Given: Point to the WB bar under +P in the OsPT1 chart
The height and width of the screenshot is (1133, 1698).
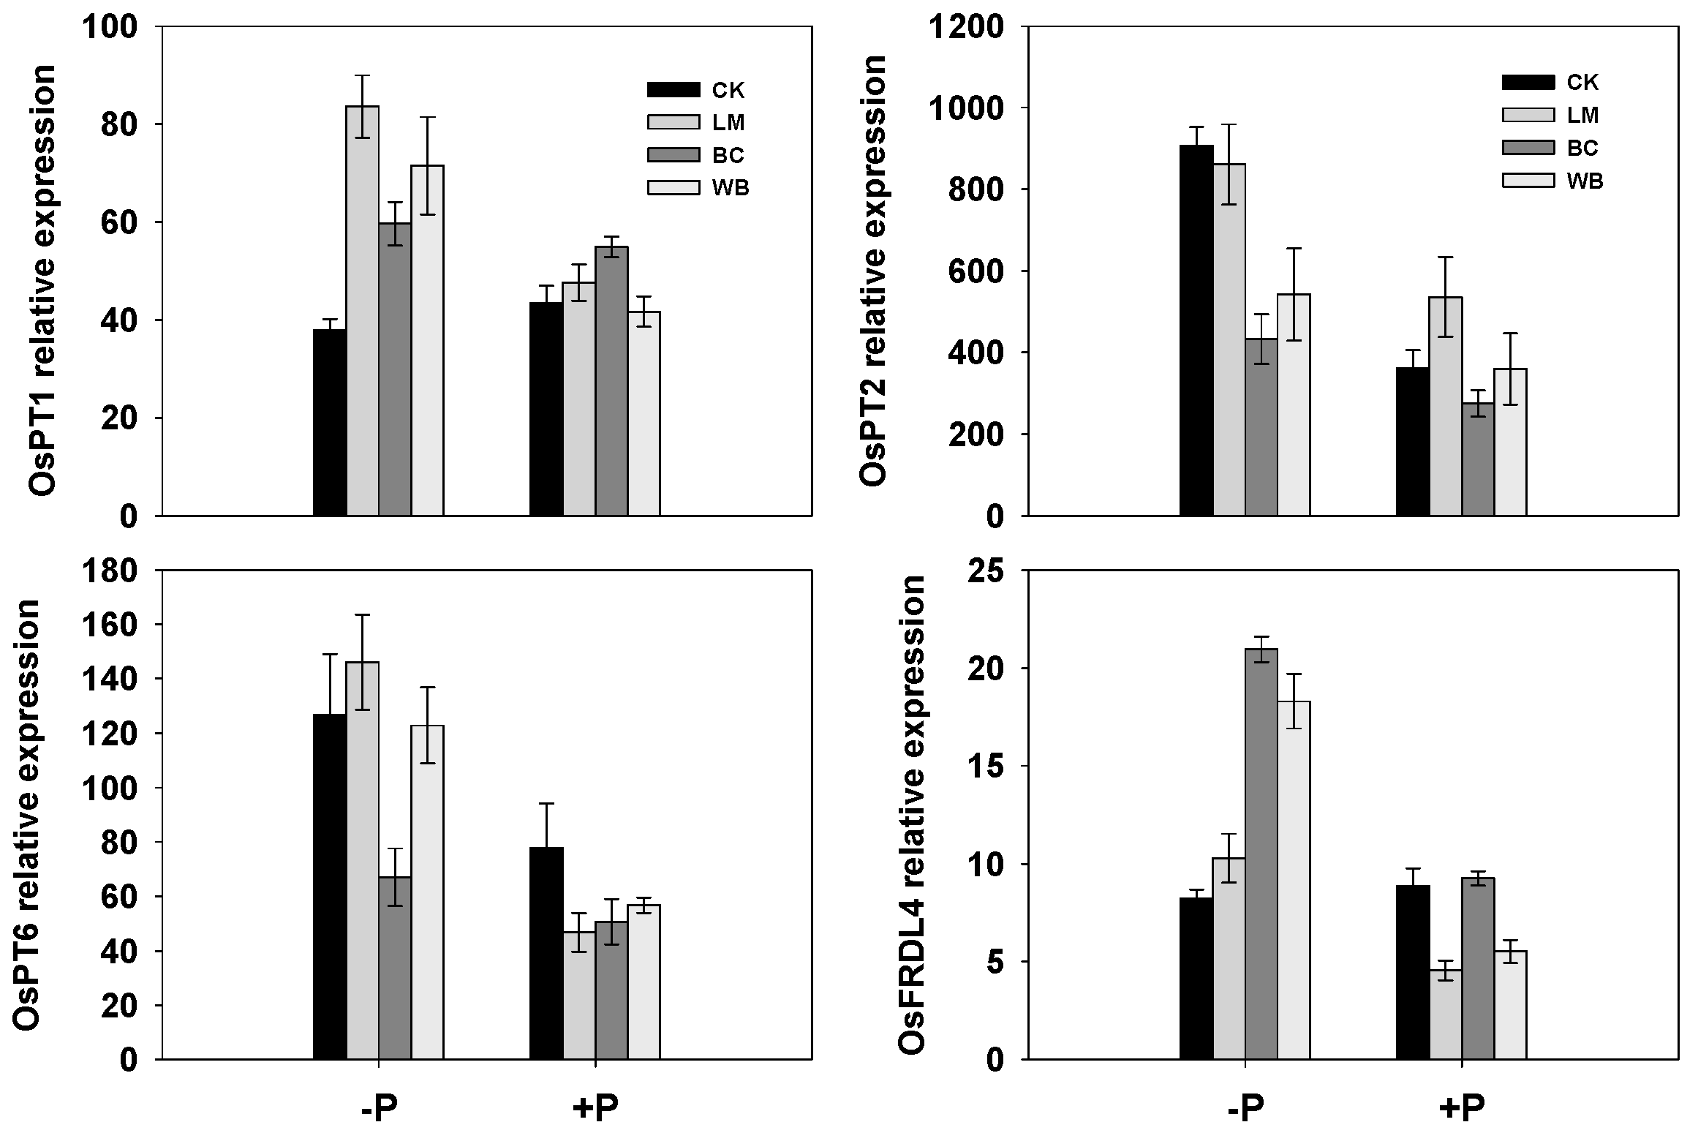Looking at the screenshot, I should point(644,413).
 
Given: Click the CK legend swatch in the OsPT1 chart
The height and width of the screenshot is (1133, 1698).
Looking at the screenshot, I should point(673,90).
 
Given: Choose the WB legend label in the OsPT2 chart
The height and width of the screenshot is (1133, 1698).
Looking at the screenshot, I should point(1585,181).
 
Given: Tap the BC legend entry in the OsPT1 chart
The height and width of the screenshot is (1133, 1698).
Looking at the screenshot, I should point(728,155).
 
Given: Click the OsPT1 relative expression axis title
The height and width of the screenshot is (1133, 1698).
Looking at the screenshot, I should point(42,271).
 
